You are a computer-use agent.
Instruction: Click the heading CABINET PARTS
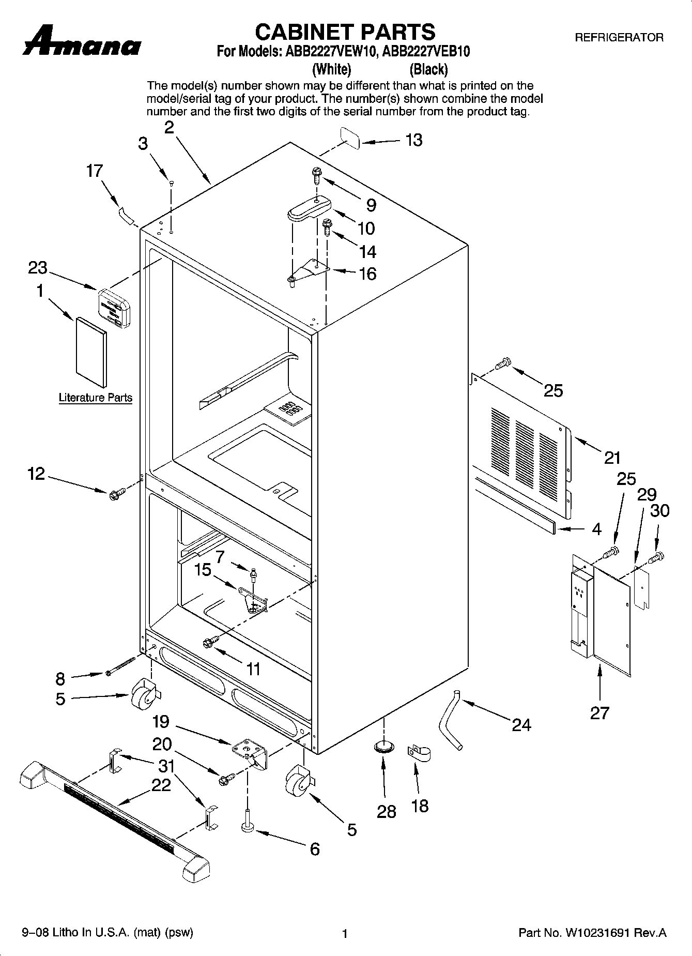pos(345,32)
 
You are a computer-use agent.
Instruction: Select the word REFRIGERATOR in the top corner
pos(619,37)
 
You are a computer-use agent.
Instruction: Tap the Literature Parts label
pos(96,398)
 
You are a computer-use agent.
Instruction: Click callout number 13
pos(414,140)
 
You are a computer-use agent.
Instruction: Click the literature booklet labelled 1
pos(91,351)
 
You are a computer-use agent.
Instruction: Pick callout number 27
pos(599,713)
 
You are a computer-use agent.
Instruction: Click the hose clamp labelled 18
pos(419,754)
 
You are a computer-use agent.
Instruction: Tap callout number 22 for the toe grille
pos(161,785)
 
